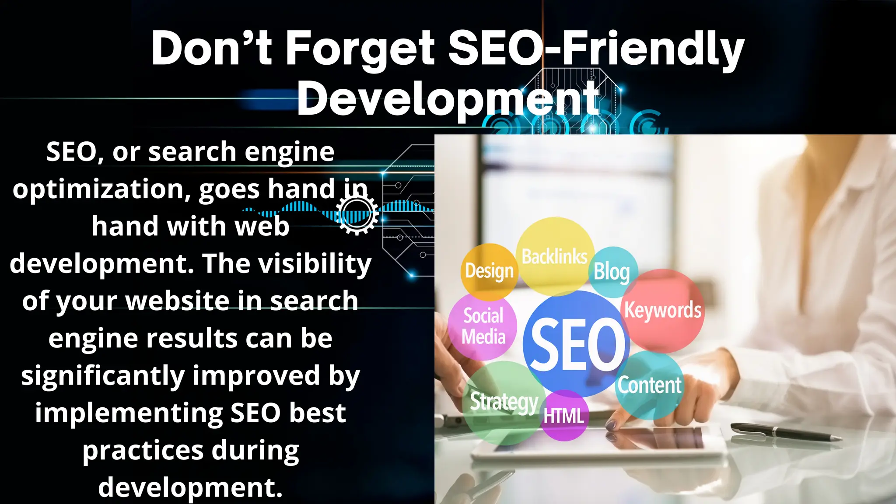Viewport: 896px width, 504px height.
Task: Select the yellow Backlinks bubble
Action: pos(554,256)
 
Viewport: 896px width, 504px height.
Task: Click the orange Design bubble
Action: pos(489,271)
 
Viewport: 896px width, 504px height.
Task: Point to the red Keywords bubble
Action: pos(662,310)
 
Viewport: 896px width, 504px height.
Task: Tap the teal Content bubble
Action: pos(649,385)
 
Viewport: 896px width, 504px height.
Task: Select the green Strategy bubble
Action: pos(504,402)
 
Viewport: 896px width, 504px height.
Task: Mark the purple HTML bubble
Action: pos(564,416)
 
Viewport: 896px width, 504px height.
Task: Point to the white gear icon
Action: pos(357,214)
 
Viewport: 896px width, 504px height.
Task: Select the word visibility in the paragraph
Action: pos(314,264)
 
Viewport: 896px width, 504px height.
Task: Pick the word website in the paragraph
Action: pos(177,301)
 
